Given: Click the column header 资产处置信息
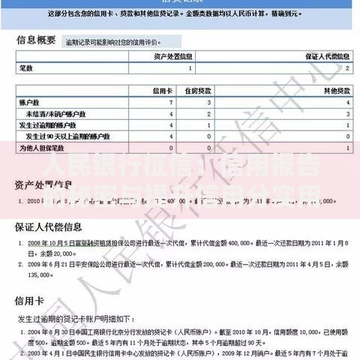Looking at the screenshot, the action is click(x=173, y=56).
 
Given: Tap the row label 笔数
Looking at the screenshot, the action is click(x=27, y=68).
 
